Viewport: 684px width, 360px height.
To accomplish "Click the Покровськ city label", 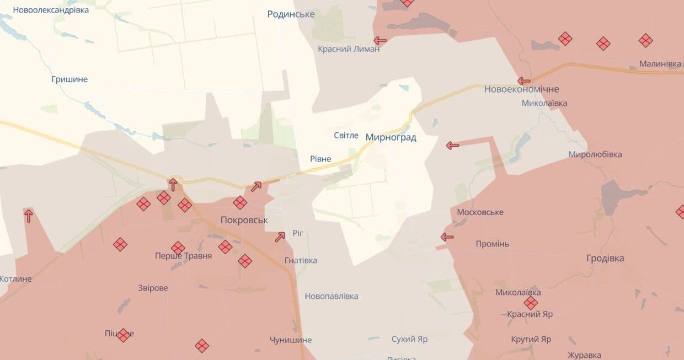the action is (244, 220).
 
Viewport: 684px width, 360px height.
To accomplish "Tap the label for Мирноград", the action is (391, 137).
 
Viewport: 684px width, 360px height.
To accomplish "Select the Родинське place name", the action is (291, 14).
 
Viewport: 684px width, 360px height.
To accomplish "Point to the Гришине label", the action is (70, 79).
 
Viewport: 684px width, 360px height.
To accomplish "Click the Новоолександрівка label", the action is (51, 10).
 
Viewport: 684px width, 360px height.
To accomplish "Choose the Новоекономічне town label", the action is (521, 89).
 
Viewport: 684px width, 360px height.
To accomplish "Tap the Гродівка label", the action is (605, 258).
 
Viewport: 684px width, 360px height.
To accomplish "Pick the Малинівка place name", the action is (660, 64).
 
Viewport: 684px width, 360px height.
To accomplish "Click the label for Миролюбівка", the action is (595, 154).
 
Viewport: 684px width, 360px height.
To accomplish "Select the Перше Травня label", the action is (183, 256).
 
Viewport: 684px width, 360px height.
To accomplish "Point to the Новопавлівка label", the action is (331, 296).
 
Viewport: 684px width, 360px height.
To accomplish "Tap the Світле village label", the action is (346, 135).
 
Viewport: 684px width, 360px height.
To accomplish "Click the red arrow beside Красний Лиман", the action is (380, 40).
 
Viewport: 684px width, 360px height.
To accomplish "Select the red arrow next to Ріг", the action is (280, 237).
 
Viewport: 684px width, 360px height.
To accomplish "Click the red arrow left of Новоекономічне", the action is (524, 81).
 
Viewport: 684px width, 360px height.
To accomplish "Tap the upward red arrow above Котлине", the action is (28, 216).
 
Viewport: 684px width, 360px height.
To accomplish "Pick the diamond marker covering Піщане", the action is (123, 335).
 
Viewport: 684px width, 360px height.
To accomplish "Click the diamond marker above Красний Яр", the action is (531, 303).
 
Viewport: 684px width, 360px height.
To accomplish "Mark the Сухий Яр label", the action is (409, 339).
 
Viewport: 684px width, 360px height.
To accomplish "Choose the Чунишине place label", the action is (291, 340).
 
